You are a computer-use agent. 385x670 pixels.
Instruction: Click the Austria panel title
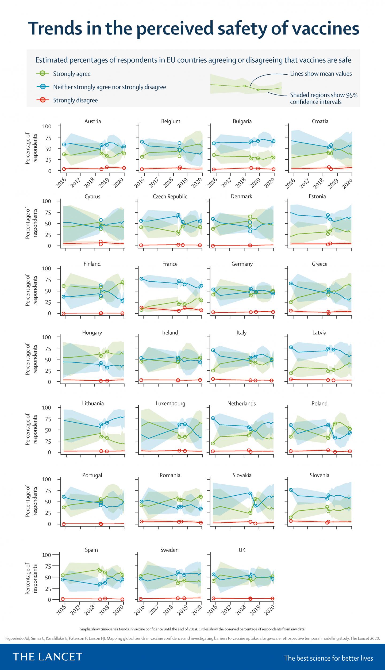tap(93, 121)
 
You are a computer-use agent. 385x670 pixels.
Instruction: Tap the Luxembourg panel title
tap(170, 403)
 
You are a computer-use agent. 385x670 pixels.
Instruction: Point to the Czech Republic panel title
tap(170, 196)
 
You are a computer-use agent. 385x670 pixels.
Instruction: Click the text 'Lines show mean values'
tap(321, 74)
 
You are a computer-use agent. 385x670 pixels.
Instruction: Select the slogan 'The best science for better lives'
tap(328, 656)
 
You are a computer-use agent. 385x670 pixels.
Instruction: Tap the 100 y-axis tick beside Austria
tap(47, 126)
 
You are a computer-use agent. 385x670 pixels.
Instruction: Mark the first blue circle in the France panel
tap(141, 279)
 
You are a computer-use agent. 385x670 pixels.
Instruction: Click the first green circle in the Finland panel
tap(64, 286)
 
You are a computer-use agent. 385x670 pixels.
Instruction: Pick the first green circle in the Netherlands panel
tap(213, 443)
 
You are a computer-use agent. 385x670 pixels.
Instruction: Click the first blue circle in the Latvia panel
tap(291, 347)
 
